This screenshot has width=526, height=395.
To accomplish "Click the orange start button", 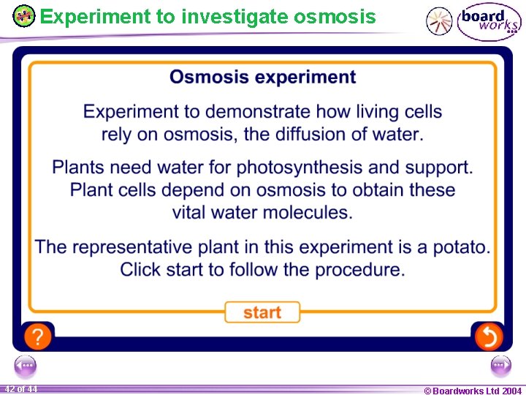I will coord(262,312).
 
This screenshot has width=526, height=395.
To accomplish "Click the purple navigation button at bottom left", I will coord(25,365).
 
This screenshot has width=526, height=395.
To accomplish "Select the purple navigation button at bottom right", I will coord(500,365).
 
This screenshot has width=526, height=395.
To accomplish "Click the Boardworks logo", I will coord(489,21).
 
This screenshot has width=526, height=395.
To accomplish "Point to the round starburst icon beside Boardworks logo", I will coord(439,21).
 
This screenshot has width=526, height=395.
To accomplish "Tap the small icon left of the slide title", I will coord(24,15).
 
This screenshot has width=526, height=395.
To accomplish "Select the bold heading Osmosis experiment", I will coord(262,78).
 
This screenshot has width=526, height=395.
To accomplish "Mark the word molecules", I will coord(300,213).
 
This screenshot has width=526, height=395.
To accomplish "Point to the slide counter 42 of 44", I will coord(20,389).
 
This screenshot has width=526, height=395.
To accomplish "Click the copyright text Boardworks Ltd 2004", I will coord(473,391).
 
